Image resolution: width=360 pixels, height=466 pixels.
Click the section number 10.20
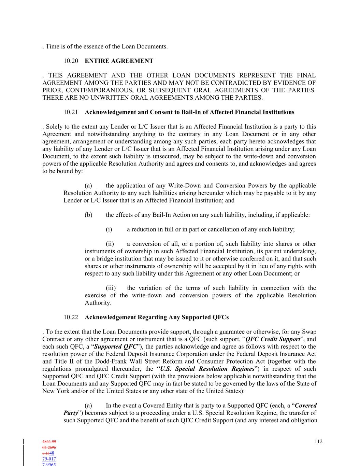[x=71, y=61]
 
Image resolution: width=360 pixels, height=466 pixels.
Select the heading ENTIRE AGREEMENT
[x=119, y=61]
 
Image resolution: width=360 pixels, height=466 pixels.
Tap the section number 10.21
[x=71, y=112]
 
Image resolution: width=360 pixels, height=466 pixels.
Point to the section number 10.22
[x=71, y=317]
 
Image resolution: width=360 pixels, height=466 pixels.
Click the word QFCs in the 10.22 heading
[x=220, y=317]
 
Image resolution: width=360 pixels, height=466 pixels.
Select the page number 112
[x=318, y=441]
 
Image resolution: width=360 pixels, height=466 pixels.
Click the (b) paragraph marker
[x=88, y=215]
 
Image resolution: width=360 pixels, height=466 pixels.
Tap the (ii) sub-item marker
[x=110, y=244]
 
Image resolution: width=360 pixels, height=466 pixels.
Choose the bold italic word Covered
[x=306, y=406]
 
